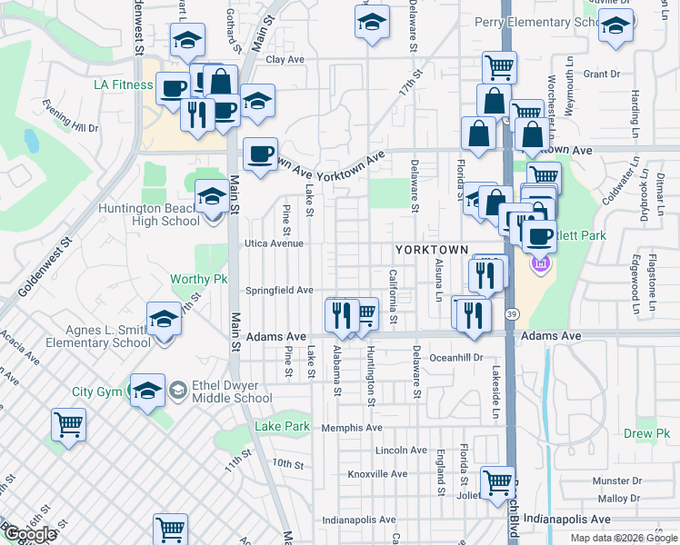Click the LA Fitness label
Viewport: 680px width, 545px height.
[123, 86]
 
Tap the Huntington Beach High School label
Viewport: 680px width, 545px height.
[150, 214]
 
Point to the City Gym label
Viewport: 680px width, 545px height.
[96, 392]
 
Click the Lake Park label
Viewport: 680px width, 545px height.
[282, 426]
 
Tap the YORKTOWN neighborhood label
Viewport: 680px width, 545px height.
[431, 249]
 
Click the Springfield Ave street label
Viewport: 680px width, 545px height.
[280, 291]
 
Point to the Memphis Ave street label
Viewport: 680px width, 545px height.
[350, 427]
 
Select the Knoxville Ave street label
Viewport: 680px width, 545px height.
[377, 474]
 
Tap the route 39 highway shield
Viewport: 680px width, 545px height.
[514, 314]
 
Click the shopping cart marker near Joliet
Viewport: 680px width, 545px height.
[497, 482]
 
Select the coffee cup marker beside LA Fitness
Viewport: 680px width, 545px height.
[173, 88]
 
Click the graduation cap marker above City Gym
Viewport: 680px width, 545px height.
[147, 388]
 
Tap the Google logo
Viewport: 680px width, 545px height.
[30, 534]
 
